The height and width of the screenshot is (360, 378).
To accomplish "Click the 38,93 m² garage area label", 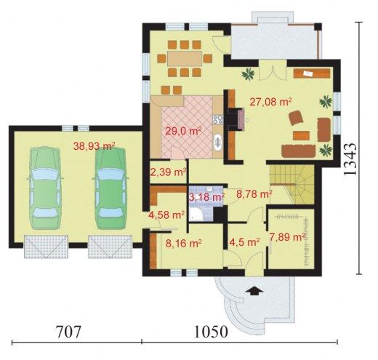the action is pos(94,146).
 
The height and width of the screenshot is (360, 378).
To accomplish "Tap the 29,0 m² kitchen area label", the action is pos(183,131).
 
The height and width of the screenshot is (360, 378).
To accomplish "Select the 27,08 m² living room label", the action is pos(270,102).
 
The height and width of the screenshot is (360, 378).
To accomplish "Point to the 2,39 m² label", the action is pos(169,172).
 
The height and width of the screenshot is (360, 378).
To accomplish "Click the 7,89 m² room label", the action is pos(287,237).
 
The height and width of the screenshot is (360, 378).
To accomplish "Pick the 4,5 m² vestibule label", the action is pos(244,241).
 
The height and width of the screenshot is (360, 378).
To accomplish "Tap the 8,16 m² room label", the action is pos(184,243).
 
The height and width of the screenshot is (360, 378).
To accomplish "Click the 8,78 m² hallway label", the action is pos(254,194).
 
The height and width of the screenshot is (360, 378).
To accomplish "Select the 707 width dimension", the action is pos(68,332).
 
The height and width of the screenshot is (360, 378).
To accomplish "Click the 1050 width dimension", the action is pos(211,332).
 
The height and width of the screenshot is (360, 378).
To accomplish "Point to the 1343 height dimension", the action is pos(350,159).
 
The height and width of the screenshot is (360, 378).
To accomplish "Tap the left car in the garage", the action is pos(45,188).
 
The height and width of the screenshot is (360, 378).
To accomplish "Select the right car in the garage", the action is pos(110,188).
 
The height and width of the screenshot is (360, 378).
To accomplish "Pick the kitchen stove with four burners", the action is pos(217,119).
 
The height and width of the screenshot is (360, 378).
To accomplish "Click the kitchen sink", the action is pos(217,142).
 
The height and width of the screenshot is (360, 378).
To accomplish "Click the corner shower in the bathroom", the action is pos(196,215).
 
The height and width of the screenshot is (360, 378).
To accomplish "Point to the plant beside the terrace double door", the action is pos(248,73).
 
